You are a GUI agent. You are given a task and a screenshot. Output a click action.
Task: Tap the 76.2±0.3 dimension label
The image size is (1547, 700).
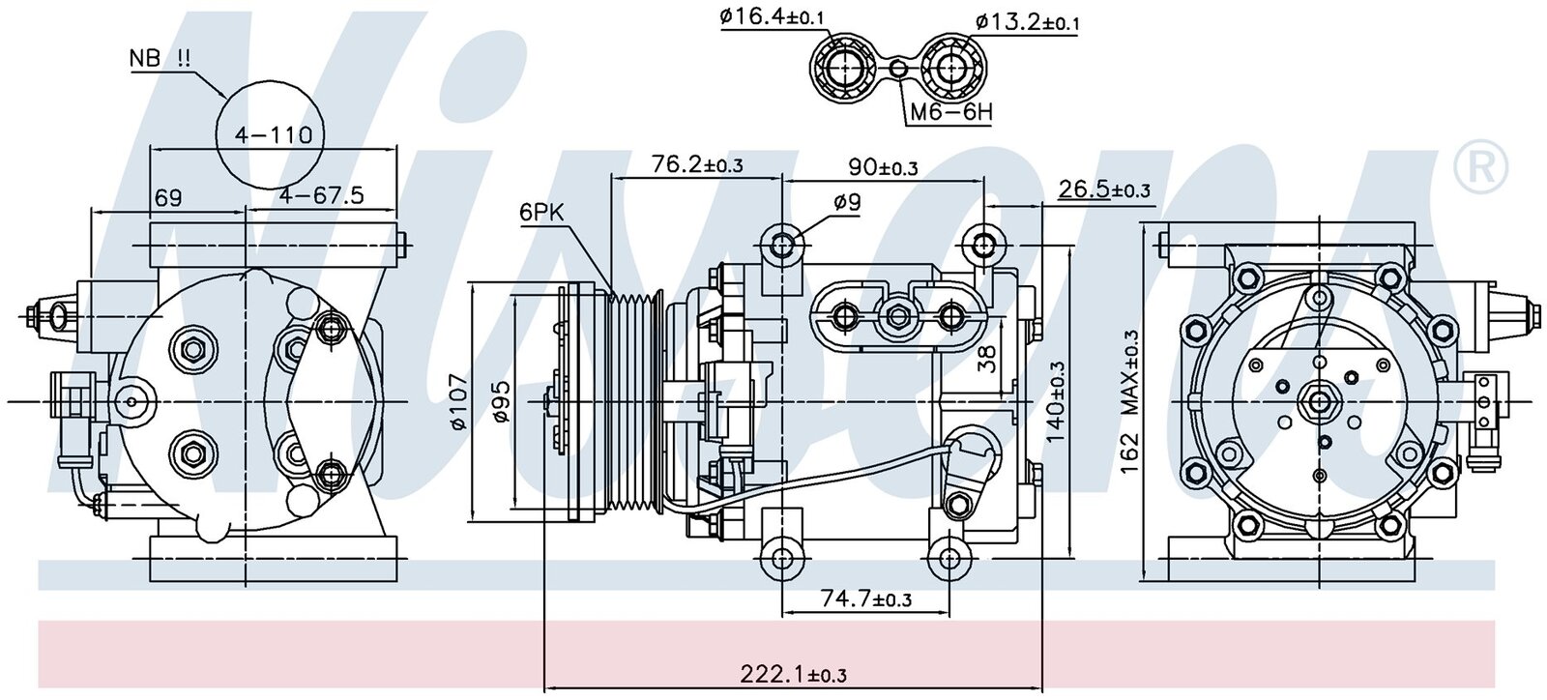coord(696,164)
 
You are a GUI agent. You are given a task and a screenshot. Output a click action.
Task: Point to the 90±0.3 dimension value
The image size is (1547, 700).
coord(883,166)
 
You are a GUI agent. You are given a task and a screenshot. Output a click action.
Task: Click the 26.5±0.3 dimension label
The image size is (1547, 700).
coord(1104,190)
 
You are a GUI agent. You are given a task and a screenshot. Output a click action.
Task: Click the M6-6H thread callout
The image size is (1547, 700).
coord(950,112)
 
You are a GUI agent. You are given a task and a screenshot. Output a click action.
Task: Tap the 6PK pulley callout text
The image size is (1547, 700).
coord(543,212)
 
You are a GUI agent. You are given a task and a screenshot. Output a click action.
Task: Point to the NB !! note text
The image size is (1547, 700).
coord(160,58)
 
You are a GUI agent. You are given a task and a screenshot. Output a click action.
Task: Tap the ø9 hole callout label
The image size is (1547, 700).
coord(846,202)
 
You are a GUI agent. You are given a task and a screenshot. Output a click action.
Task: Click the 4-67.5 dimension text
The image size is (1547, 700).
coord(321,196)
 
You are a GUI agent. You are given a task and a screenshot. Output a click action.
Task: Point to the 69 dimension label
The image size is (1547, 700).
coord(168,197)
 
